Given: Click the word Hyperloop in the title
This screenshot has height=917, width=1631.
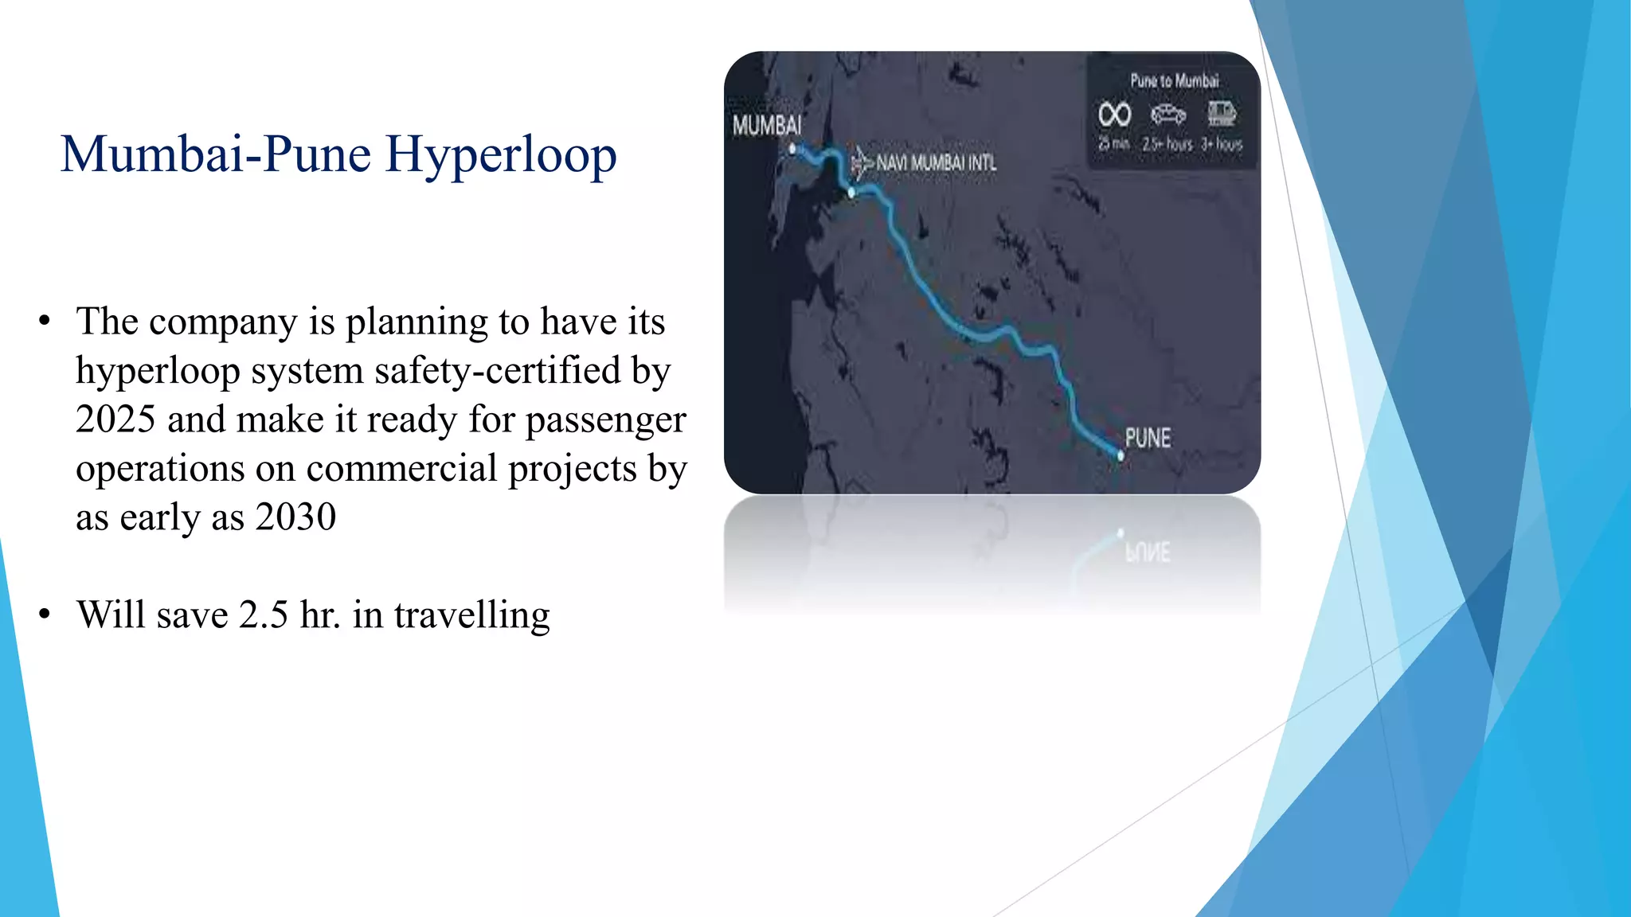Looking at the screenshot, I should pos(501,155).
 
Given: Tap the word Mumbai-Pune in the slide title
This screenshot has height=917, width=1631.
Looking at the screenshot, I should pos(216,154).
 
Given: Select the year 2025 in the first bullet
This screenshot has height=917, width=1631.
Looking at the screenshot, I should pos(115,419).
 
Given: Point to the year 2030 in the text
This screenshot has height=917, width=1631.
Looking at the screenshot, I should pos(295,517).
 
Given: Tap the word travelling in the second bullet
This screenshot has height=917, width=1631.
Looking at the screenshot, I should pos(471,615).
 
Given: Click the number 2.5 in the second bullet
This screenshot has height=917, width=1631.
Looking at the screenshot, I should pos(263,615).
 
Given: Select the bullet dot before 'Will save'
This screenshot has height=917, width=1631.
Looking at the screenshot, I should pos(45,614).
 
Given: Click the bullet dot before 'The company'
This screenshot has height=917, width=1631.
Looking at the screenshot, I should pos(45,321).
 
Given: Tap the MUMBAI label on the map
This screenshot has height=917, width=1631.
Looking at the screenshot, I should pos(767,126).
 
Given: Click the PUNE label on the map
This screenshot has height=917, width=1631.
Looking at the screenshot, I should pos(1148,438).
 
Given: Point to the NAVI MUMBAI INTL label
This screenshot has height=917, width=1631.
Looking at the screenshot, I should pos(937,163).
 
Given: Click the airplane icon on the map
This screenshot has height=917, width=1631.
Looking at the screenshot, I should pos(862,162).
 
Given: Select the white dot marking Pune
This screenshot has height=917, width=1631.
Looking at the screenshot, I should pos(1121,456).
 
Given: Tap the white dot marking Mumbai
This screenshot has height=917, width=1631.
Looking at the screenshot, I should pos(792,149).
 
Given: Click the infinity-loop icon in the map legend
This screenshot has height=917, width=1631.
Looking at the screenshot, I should pos(1114,115).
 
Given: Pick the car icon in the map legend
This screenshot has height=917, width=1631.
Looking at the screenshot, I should pos(1168,115).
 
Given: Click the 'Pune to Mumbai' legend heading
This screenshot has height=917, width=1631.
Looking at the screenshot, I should pos(1175,80).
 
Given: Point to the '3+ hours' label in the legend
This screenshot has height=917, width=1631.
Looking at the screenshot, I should pos(1222,144).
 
